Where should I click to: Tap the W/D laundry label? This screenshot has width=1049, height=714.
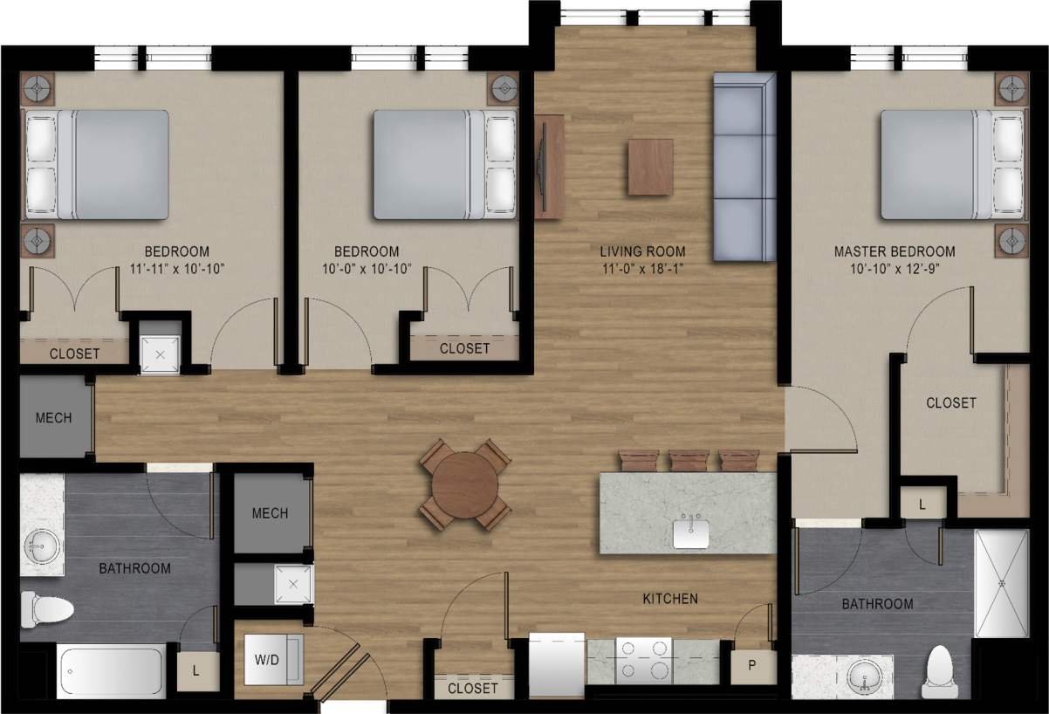coord(266,659)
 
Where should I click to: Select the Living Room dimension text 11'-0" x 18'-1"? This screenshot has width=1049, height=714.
coord(642,269)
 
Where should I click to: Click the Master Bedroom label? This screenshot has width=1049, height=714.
coord(894,251)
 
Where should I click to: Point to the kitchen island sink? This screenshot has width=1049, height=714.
coord(691,531)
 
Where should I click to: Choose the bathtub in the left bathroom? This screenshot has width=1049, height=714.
coord(112,670)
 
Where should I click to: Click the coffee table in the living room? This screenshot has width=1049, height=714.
coord(650,166)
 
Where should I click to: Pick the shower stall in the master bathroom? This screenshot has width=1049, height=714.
coord(1002,582)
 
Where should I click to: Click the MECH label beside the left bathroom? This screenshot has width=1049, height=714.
coord(270,513)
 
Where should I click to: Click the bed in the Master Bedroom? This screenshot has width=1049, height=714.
coord(947,164)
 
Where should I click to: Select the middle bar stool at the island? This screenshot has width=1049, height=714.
coord(689,459)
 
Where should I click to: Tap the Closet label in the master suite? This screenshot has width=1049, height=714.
coord(950,402)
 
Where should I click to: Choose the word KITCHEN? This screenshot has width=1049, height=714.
coord(669,599)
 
